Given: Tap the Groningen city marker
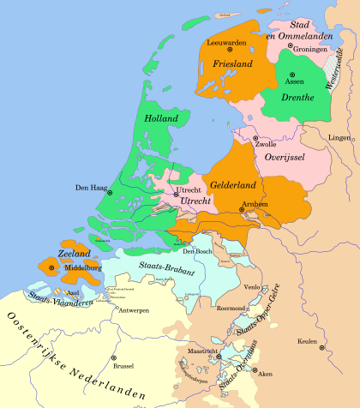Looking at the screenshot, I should coord(290,50).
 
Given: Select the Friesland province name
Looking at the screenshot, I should coord(225,63).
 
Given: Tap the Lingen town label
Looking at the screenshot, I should coord(340,137).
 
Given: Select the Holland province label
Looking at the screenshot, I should coord(161,117).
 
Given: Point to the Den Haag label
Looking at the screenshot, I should coord(91,187).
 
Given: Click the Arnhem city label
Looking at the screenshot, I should coord(255,204).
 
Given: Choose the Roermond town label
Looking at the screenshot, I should coord(233,306).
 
